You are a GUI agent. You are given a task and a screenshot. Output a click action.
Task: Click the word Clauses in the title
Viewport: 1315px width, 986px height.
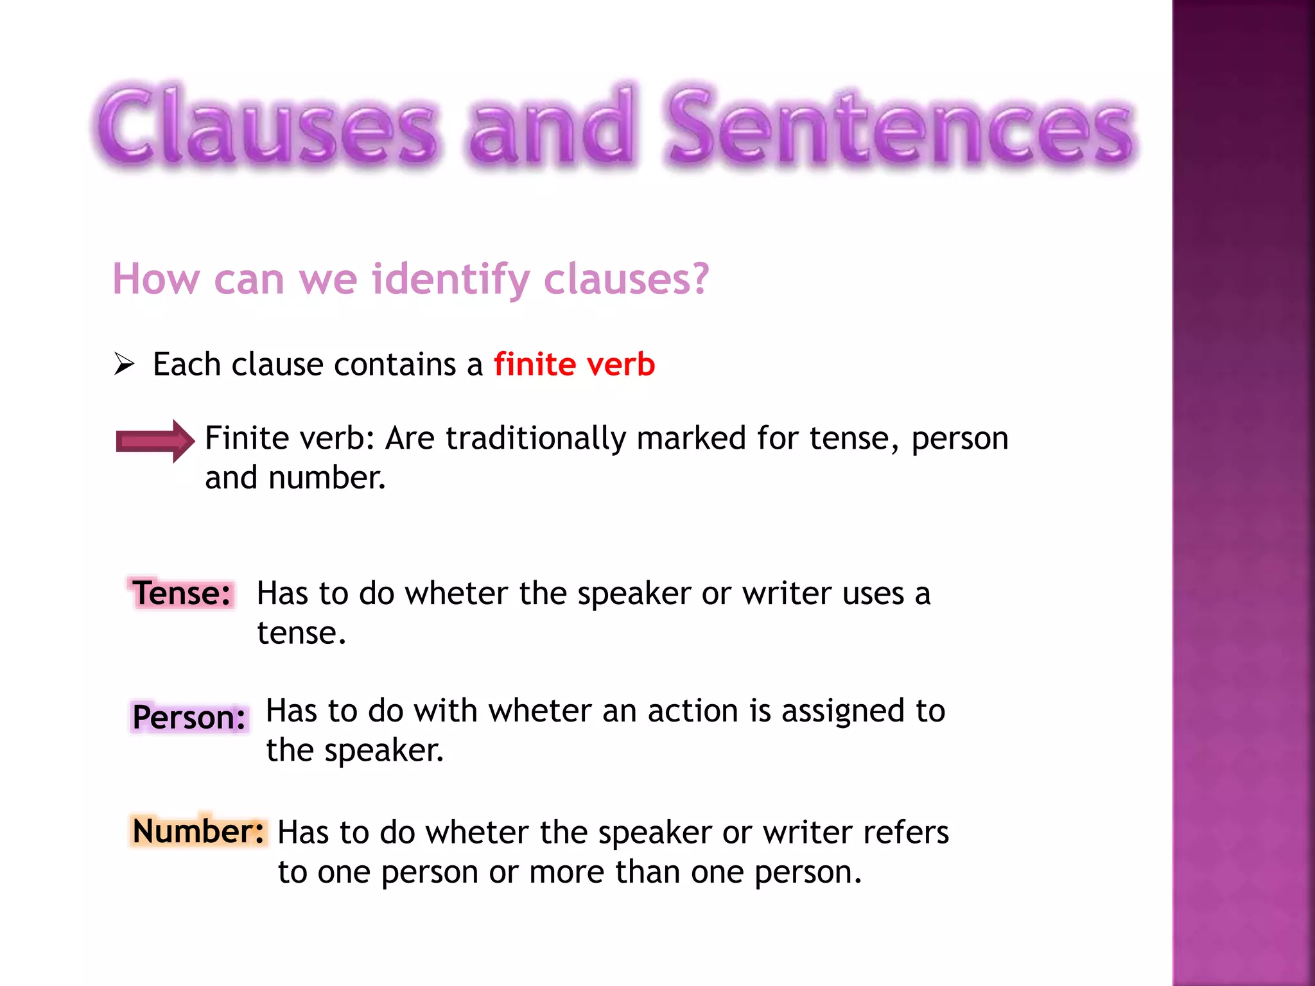click(x=266, y=125)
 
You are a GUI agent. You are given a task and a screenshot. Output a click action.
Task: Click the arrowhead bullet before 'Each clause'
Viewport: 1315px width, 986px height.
click(x=124, y=364)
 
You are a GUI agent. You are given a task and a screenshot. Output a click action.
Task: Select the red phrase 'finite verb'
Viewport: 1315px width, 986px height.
click(x=574, y=365)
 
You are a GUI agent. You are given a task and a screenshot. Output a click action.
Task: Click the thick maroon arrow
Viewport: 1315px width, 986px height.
click(x=155, y=441)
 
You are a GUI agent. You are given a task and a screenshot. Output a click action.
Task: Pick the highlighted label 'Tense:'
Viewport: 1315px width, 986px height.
click(x=182, y=593)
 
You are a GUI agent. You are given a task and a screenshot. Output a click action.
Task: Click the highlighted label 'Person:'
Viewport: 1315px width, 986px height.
click(x=189, y=717)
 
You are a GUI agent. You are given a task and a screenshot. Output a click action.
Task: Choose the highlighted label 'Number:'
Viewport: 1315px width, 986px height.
click(x=198, y=831)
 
